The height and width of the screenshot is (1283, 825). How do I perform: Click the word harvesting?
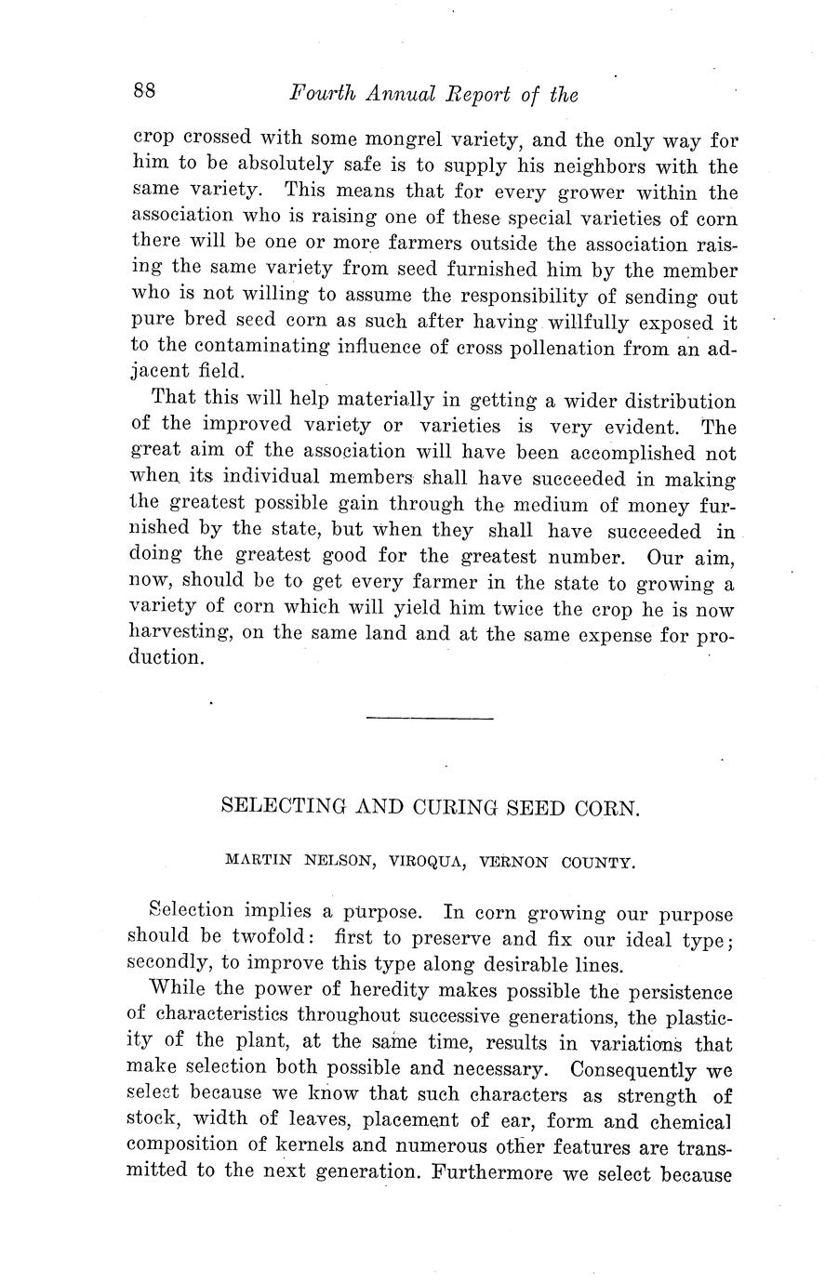pyautogui.click(x=181, y=635)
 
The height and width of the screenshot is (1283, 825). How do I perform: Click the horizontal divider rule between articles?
pyautogui.click(x=430, y=718)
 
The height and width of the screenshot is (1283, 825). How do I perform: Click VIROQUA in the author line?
pyautogui.click(x=427, y=862)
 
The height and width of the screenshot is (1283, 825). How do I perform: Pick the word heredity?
pyautogui.click(x=355, y=991)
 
